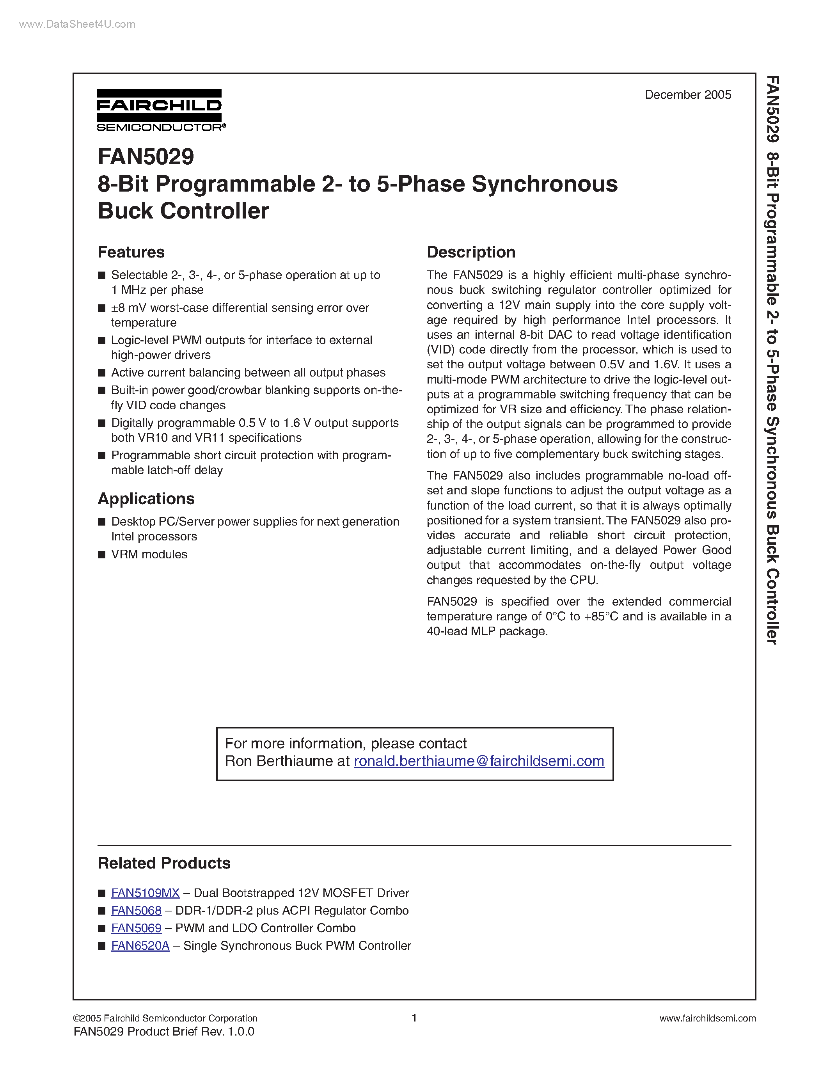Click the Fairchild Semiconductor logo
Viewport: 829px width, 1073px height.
[x=161, y=110]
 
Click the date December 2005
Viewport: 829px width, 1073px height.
[x=687, y=95]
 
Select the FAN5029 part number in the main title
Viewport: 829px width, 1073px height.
[x=146, y=157]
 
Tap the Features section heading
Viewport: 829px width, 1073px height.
[x=131, y=252]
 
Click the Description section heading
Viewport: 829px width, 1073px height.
[x=470, y=252]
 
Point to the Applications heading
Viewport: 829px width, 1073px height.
[x=146, y=499]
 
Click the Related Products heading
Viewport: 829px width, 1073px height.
[x=164, y=863]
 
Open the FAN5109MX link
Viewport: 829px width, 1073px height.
[x=146, y=893]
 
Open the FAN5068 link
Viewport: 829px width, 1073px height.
[x=136, y=910]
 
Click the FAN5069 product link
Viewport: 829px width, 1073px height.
[x=136, y=928]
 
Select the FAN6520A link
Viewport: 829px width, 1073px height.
[x=140, y=946]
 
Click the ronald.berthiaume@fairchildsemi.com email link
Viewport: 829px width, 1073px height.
[x=479, y=761]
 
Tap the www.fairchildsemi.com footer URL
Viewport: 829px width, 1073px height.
[x=707, y=1018]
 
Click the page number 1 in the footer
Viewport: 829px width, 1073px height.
[x=414, y=1018]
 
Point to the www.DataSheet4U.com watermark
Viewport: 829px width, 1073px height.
[x=77, y=24]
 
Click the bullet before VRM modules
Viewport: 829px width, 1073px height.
[x=102, y=555]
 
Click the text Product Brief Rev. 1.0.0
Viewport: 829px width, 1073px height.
[x=190, y=1031]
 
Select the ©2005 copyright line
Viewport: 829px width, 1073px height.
[x=165, y=1018]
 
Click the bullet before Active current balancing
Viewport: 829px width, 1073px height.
[x=102, y=373]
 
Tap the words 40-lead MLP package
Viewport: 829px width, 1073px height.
[x=486, y=631]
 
